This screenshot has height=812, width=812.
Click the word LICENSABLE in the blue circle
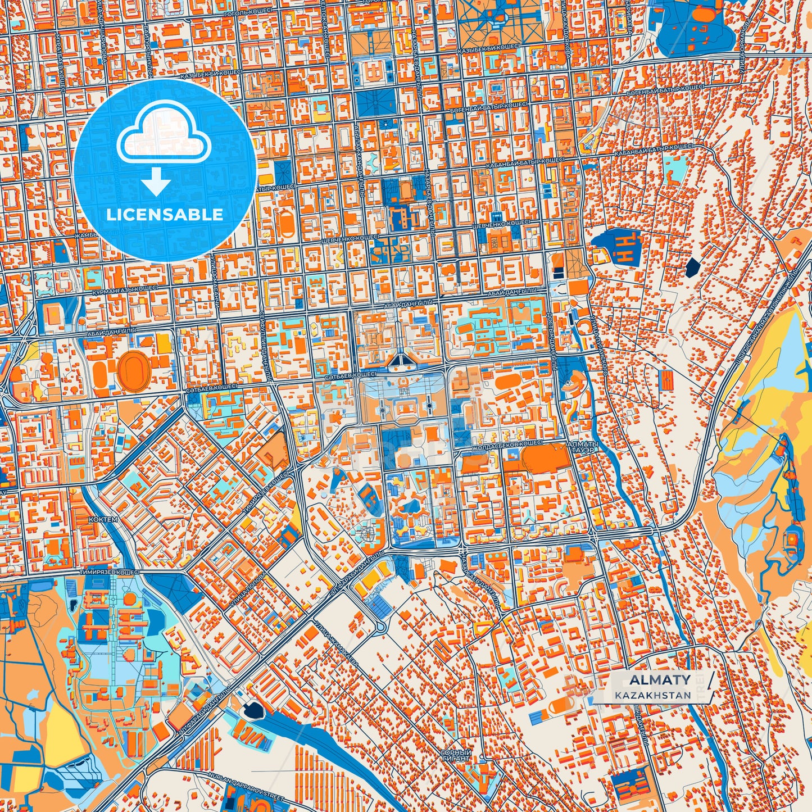click(x=165, y=215)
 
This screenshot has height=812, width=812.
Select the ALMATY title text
click(x=660, y=680)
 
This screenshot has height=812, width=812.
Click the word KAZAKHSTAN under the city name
click(x=652, y=695)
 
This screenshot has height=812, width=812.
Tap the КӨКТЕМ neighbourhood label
click(x=103, y=520)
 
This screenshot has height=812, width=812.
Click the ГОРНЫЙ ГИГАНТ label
click(x=455, y=754)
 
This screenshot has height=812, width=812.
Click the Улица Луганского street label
click(x=597, y=344)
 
